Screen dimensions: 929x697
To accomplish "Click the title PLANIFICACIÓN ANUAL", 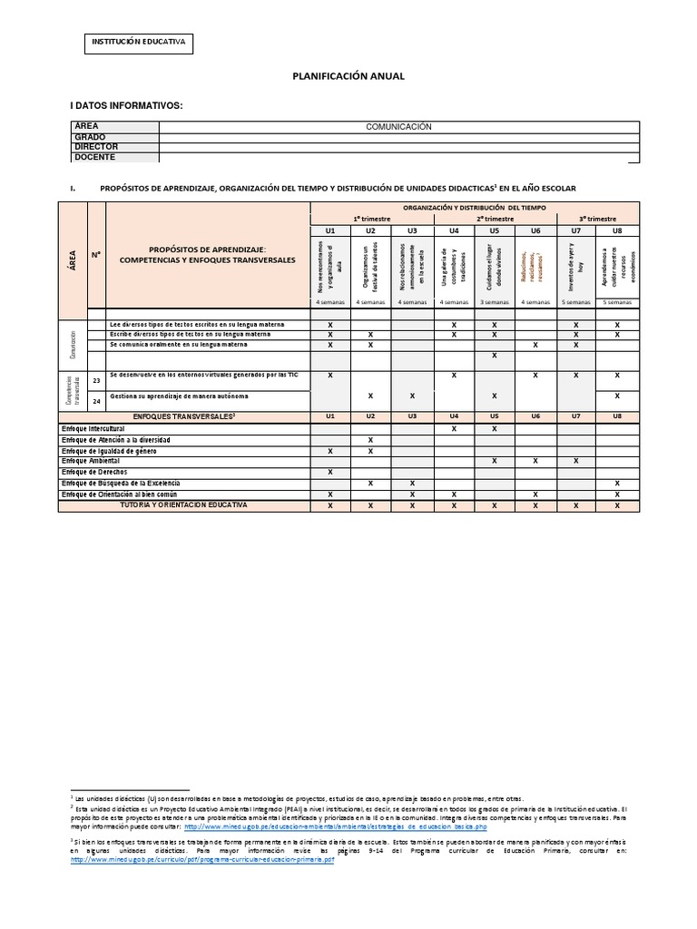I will (x=348, y=77).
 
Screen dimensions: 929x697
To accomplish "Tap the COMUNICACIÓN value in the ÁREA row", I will (x=398, y=127).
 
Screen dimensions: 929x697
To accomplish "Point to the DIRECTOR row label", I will (x=96, y=147).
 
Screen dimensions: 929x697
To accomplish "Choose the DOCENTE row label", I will (x=95, y=157).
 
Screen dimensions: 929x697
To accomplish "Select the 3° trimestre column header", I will (x=596, y=220).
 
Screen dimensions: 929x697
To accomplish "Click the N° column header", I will (x=96, y=256).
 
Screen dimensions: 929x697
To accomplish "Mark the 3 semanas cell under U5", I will (x=495, y=302).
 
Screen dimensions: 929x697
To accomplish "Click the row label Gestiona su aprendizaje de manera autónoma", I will (x=178, y=396).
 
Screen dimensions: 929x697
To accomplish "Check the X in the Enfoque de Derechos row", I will (x=330, y=472).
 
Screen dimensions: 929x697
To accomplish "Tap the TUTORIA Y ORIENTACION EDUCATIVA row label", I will (x=183, y=504).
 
